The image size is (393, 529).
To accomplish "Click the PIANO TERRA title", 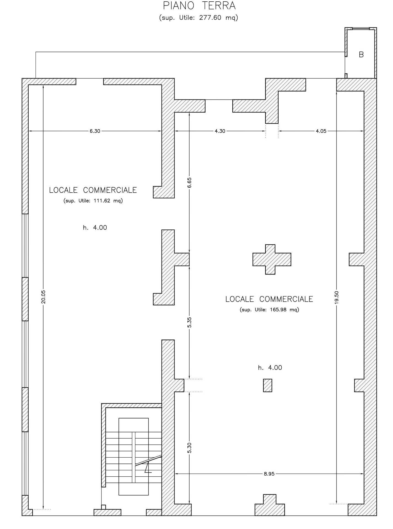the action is click(199, 6).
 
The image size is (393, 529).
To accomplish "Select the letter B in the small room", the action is click(361, 55).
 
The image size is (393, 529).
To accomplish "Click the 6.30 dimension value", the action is click(95, 131).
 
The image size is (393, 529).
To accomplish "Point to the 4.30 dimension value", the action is click(220, 131).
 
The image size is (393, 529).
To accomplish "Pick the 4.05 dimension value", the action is click(321, 131).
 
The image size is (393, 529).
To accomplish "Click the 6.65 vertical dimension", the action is click(189, 182).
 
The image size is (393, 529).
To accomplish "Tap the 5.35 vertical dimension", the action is click(189, 322).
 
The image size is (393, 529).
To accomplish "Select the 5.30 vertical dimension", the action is click(189, 448).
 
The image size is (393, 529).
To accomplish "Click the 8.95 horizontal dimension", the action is click(269, 474).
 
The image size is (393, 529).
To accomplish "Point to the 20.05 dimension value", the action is click(43, 297).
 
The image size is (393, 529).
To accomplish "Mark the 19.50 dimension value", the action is click(337, 298).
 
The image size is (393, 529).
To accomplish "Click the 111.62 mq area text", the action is click(93, 201).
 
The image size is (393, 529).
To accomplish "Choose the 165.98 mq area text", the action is click(269, 309).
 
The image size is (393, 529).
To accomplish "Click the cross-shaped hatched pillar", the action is click(272, 259).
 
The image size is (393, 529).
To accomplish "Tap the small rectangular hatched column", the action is click(268, 385).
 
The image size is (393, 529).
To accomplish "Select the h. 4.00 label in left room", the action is click(95, 228).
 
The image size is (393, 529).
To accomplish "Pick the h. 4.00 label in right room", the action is click(270, 368).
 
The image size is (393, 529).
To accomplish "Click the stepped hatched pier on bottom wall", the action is click(270, 505).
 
